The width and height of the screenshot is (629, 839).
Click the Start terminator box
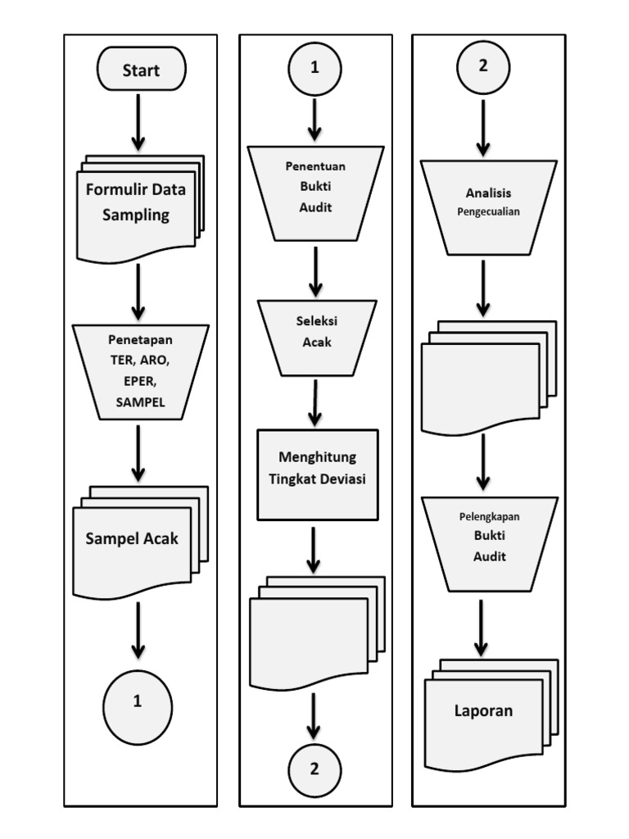141,70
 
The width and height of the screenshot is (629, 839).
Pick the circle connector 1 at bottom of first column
138,702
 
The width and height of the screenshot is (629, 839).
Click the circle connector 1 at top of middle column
314,69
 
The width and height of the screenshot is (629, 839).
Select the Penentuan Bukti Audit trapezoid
315,193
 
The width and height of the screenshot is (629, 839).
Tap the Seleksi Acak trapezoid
317,336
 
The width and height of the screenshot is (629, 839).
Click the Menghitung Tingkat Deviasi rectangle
318,474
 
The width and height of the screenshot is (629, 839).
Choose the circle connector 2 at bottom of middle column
314,769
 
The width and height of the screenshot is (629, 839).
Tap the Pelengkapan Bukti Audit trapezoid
489,542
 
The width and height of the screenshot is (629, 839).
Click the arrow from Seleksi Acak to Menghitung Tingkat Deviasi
316,402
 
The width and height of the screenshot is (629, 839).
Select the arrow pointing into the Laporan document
482,628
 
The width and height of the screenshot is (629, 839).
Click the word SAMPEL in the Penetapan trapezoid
140,403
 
